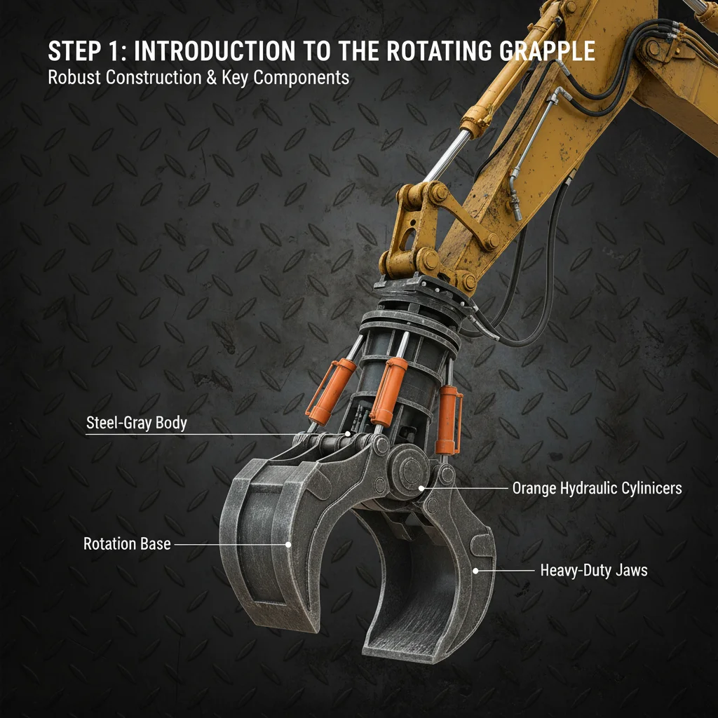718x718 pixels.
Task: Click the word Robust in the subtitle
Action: click(74, 77)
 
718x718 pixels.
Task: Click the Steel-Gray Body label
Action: click(136, 424)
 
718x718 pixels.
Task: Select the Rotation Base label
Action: click(127, 543)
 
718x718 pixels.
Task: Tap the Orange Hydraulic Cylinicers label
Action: click(597, 488)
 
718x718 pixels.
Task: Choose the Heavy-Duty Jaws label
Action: click(593, 571)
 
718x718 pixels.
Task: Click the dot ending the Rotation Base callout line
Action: click(287, 543)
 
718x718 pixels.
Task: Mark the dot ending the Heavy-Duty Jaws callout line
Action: click(475, 571)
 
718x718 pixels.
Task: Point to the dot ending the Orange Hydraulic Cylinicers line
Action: click(421, 488)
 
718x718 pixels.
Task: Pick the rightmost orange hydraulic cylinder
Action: click(447, 421)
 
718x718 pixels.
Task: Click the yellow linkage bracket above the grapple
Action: click(421, 224)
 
